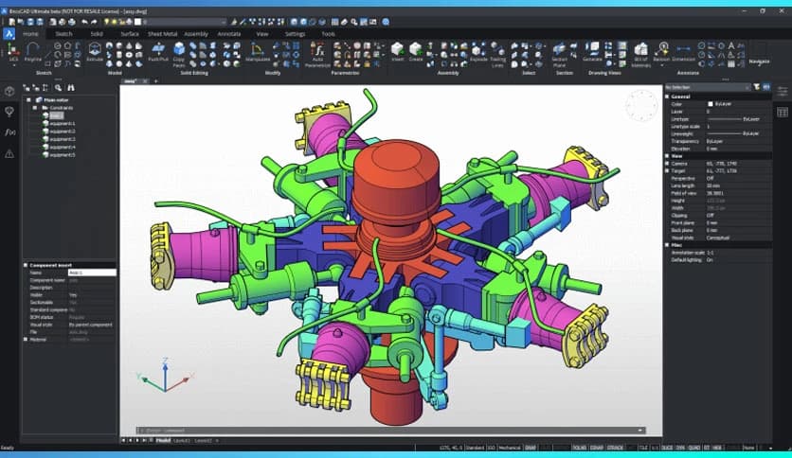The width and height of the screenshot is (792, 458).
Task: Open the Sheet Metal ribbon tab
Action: tap(163, 33)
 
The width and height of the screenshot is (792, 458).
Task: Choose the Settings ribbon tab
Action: tap(296, 33)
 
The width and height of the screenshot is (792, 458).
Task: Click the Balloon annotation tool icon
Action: tap(659, 49)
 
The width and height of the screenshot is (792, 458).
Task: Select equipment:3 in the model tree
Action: tap(63, 139)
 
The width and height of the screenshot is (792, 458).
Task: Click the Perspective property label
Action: tap(685, 177)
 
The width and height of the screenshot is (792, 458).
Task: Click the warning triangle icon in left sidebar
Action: tap(9, 153)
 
